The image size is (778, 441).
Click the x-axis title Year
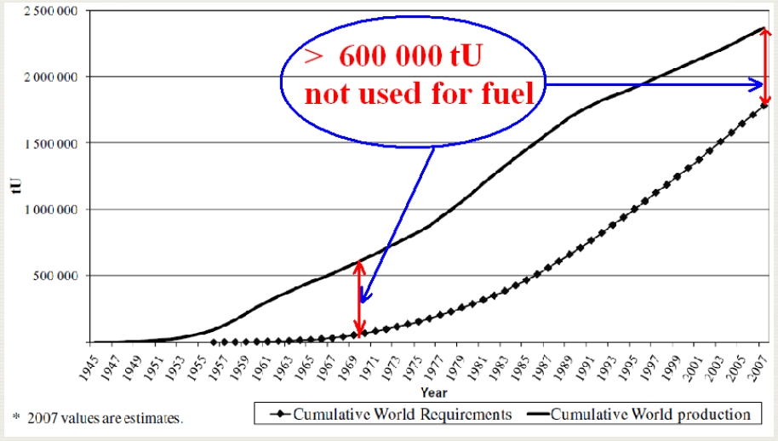click(432, 392)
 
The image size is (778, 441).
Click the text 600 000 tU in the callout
click(412, 57)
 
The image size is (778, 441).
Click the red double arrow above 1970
click(360, 297)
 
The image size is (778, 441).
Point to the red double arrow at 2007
click(766, 67)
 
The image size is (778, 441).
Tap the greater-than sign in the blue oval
click(312, 57)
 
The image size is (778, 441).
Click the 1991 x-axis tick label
click(590, 366)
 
